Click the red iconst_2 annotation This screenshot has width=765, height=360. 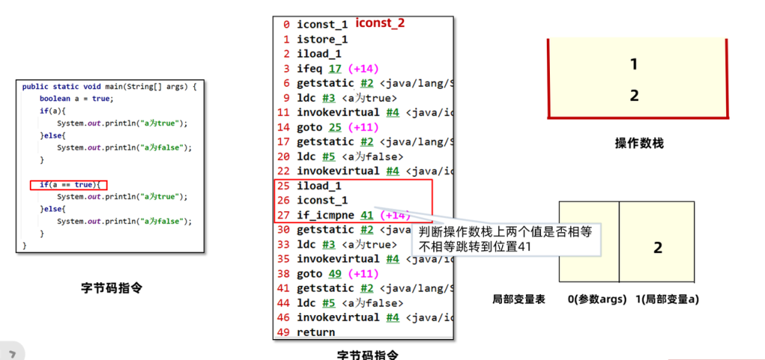pos(380,23)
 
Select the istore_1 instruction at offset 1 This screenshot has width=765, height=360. pos(322,39)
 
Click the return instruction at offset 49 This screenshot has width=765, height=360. pos(316,332)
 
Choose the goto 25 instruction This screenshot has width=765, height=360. pos(326,127)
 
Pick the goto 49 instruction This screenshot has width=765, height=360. pos(326,273)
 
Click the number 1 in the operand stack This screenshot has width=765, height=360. pos(634,64)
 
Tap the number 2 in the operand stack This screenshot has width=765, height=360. pos(634,96)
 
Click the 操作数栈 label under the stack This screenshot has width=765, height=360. pos(639,143)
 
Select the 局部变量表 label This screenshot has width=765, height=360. pos(518,300)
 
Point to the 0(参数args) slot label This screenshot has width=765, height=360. pos(597,300)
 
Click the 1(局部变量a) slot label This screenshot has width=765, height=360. pos(666,300)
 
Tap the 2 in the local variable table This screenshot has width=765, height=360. pos(657,248)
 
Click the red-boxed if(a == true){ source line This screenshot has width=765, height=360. pos(69,184)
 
